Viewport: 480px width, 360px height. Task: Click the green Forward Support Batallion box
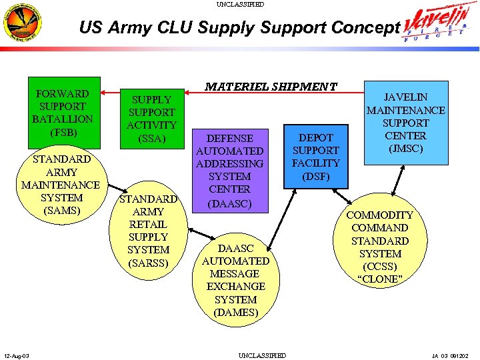tap(63, 113)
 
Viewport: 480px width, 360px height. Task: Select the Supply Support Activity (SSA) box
tap(151, 119)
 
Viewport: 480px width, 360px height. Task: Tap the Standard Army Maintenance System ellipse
tap(61, 185)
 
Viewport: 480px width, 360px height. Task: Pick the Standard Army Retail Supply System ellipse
tap(148, 230)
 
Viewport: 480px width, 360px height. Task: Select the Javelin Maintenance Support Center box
tap(405, 123)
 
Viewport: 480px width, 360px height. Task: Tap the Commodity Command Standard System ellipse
tap(381, 247)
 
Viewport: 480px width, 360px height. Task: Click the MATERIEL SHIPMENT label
tap(271, 87)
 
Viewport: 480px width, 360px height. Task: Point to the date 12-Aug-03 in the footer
tap(15, 355)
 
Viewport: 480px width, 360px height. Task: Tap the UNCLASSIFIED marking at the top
tap(240, 4)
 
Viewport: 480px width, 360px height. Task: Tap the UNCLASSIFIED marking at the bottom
tap(262, 355)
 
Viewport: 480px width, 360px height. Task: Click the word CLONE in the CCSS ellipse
tap(381, 279)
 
